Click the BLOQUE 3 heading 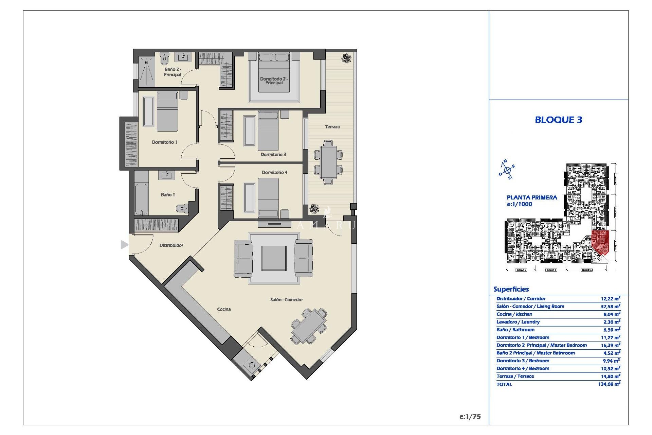(558, 120)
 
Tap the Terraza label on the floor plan (332, 127)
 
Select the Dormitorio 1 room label (164, 142)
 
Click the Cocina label (224, 309)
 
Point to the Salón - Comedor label (286, 299)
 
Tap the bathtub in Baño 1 (141, 199)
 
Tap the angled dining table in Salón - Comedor (309, 326)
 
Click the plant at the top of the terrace (346, 58)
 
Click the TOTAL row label (504, 384)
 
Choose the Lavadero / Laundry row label (518, 322)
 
